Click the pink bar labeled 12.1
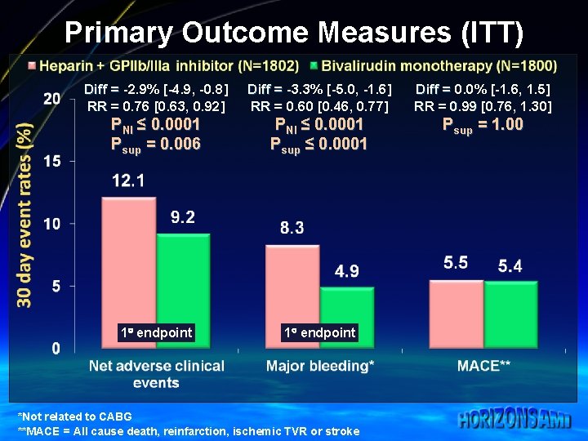[x=128, y=269]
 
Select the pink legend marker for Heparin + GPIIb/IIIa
[x=30, y=65]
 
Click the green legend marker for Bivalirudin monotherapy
[x=314, y=65]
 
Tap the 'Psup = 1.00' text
[x=483, y=125]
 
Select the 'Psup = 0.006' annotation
[x=155, y=145]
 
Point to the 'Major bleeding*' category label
[x=320, y=366]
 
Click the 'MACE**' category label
[x=483, y=366]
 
